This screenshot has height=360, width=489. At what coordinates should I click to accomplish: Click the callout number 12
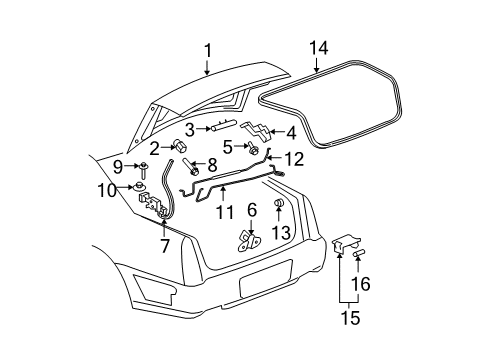[x=293, y=157]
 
